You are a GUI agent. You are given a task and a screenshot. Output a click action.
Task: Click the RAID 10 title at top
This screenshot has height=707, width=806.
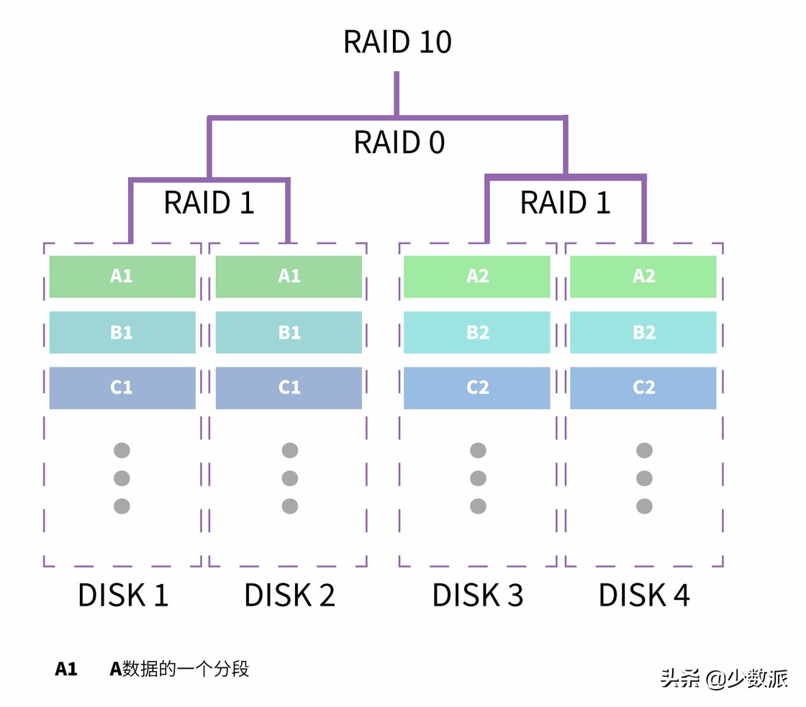coord(397,42)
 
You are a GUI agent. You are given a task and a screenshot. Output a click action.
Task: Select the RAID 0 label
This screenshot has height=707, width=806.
coord(399,142)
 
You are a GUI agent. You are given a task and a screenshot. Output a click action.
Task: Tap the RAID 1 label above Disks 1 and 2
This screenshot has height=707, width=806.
coord(209,203)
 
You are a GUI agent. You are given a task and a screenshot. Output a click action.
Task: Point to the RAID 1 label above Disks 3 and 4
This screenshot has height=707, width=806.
coord(565,203)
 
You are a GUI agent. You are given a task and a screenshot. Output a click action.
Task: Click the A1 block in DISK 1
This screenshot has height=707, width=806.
coord(122,276)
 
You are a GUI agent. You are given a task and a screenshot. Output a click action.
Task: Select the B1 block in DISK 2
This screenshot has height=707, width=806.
coord(289,332)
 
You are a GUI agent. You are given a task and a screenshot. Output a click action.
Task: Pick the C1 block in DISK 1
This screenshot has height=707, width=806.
coord(122,388)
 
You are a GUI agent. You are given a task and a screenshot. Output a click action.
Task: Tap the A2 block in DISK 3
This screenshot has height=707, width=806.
coord(477,276)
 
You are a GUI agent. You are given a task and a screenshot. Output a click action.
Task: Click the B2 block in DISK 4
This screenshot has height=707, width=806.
coord(643,332)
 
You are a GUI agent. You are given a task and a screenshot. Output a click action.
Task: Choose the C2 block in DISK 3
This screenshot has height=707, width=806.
coord(477,388)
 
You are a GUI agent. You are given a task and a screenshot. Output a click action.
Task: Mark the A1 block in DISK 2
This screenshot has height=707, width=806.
coord(289,276)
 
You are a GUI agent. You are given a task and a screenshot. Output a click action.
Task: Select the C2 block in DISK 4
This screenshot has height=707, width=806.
coord(643,388)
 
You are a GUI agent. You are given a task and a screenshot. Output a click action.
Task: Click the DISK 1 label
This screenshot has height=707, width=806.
coord(122,596)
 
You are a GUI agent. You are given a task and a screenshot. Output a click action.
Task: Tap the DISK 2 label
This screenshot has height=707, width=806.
coord(289,596)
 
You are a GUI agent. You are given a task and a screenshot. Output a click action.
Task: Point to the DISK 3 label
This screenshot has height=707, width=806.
coord(478,596)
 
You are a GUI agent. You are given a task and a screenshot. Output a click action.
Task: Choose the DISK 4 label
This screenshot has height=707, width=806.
coord(644,596)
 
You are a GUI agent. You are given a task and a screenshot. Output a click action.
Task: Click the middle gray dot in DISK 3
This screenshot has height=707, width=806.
coord(478,478)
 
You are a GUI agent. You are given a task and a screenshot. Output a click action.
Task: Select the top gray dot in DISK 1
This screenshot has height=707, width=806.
coord(122,451)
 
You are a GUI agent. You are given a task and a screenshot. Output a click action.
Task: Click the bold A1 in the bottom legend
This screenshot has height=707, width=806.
coord(66,670)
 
